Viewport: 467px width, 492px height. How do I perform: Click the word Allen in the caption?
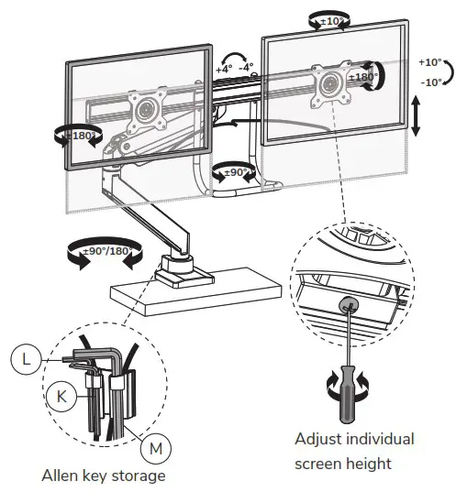pos(62,476)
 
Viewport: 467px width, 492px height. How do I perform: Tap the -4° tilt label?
pos(247,68)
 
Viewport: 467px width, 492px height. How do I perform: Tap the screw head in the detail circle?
pos(347,303)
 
